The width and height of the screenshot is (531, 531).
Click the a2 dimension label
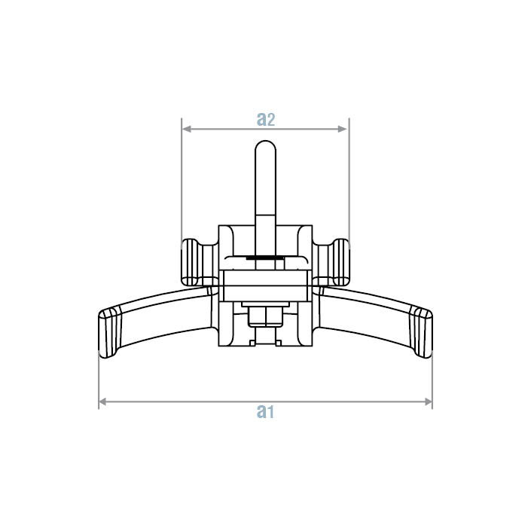pos(265,119)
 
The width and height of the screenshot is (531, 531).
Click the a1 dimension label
pos(265,411)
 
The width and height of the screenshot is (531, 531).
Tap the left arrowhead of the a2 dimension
pos(186,129)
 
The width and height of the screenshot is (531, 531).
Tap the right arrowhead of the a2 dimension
pos(343,129)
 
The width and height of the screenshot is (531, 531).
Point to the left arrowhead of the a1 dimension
pos(103,402)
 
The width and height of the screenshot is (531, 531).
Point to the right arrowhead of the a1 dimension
pos(428,402)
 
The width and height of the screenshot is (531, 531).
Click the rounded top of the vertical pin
pos(265,151)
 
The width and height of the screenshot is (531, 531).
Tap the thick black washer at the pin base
pos(265,258)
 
